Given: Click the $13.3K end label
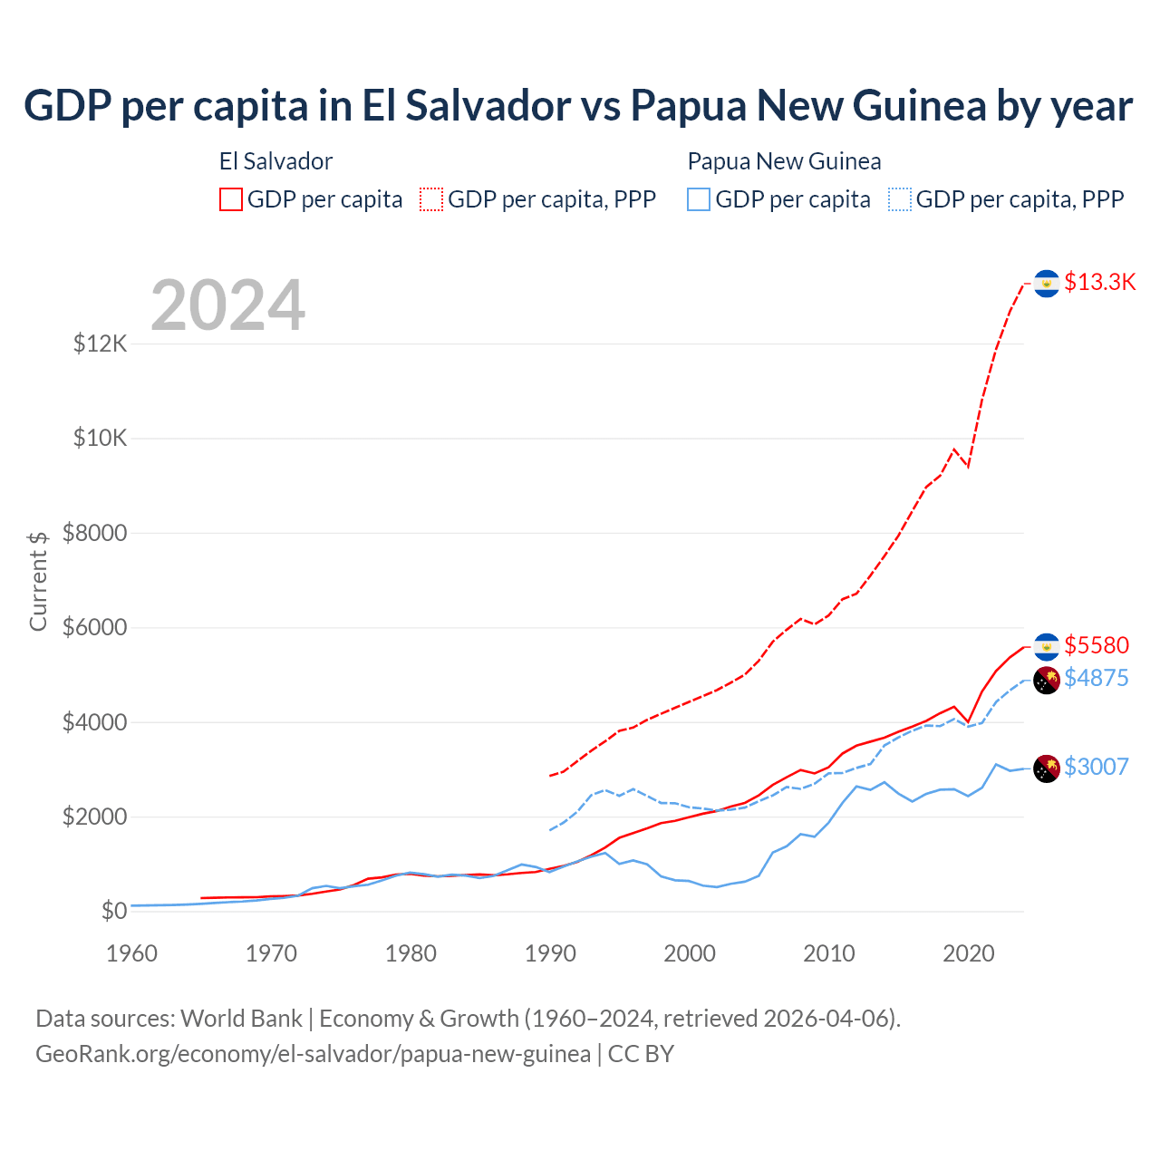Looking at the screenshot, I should [x=1099, y=282].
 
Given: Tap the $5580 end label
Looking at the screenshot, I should [x=1097, y=645].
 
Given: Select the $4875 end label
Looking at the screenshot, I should [x=1097, y=678].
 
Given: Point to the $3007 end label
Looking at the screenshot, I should [x=1097, y=767].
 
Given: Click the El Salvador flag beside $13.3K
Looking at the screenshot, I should [x=1047, y=284].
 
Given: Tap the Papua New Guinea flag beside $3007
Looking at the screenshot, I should [x=1047, y=768].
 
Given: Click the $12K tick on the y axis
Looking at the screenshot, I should [x=101, y=344].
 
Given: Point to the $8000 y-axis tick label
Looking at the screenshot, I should [x=95, y=533].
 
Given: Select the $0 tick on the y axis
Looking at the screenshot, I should [x=113, y=911].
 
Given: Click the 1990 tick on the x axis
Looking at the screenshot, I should [x=551, y=953].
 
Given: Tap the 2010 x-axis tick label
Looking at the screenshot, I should [x=829, y=953].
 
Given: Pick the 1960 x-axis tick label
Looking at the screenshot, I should [x=132, y=953].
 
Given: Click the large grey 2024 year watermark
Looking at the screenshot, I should [x=228, y=305].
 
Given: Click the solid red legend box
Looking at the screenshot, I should [x=231, y=199].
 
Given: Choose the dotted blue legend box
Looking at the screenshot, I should [x=900, y=199].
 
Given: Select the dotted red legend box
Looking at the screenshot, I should [x=431, y=199].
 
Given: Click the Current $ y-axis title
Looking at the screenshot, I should [x=38, y=581].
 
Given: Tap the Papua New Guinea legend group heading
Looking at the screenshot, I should [x=784, y=161].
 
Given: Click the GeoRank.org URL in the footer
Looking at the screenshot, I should [x=313, y=1054].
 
